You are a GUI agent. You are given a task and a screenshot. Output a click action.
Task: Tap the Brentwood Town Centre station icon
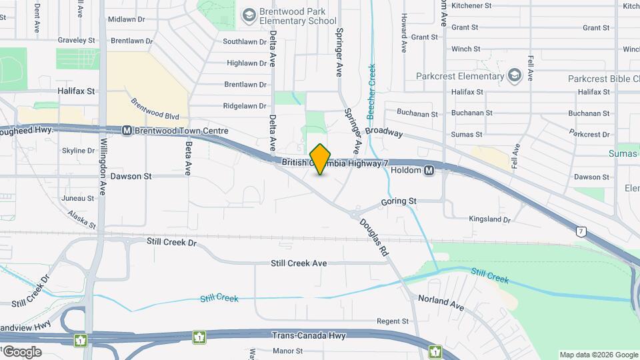(126, 131)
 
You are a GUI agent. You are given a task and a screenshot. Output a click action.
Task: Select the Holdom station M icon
(429, 170)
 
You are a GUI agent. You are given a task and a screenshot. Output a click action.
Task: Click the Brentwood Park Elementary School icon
(249, 15)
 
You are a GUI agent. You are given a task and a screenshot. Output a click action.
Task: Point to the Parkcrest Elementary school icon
(514, 76)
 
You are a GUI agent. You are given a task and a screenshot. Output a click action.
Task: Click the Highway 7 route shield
(582, 231)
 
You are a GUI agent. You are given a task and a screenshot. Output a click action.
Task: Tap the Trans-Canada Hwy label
(307, 336)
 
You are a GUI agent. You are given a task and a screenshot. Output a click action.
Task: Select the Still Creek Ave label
(299, 263)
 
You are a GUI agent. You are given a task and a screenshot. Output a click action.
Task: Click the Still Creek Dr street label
(172, 243)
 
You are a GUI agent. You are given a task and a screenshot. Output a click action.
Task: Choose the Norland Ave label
(441, 301)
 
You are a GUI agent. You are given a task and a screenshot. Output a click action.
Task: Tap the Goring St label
(399, 201)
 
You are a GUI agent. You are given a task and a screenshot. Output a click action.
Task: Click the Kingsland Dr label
(489, 219)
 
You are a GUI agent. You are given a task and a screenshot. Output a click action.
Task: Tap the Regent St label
(393, 321)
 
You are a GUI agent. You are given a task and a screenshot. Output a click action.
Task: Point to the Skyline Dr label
(78, 151)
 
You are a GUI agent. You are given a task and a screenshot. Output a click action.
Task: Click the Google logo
(21, 351)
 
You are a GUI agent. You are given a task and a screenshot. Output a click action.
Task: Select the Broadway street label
(384, 132)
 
